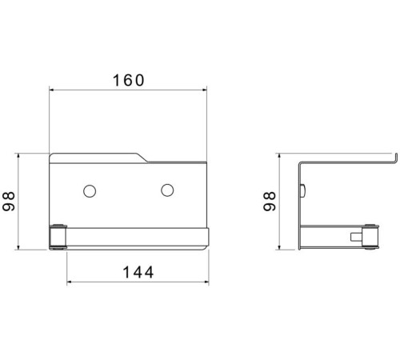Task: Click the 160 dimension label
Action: pos(129,80)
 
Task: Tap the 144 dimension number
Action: pos(138,272)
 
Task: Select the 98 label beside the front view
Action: pos(9,202)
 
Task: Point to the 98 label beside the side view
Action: pos(270,202)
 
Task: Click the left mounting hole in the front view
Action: pos(90,191)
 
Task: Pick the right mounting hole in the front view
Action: pos(167,190)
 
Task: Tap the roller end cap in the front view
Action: pos(58,237)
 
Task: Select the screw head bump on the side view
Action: pos(303,190)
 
